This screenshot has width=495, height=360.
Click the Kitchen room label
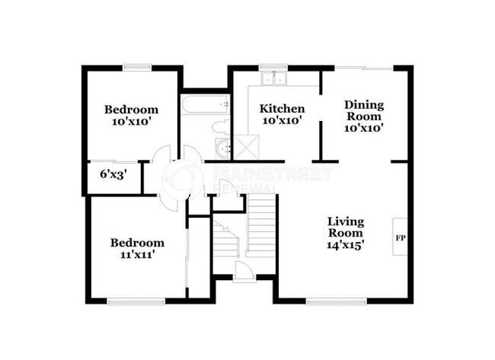click(282, 109)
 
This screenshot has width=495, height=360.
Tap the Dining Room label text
click(363, 110)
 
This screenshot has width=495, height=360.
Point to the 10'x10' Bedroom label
click(131, 114)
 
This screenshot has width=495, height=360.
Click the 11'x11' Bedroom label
click(137, 249)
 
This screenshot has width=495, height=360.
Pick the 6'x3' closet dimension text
click(113, 174)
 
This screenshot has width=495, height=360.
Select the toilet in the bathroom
click(220, 126)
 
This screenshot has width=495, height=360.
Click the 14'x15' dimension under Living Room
click(345, 245)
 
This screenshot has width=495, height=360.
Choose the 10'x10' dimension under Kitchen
click(282, 120)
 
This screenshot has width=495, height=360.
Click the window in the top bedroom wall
click(136, 68)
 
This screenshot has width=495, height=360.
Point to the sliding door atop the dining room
click(365, 68)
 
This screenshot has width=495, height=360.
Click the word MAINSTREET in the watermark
click(272, 174)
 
